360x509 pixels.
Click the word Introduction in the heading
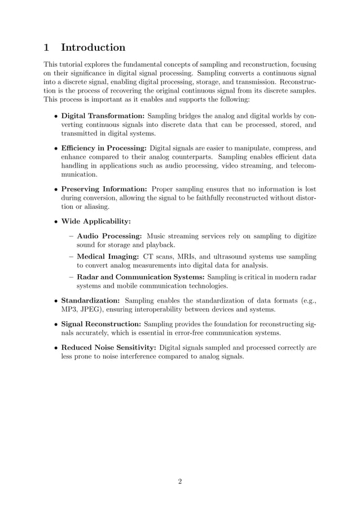point(93,47)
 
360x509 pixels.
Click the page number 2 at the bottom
point(180,481)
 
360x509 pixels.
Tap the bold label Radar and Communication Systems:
point(141,277)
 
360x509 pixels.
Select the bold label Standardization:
point(90,300)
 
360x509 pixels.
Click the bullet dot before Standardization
point(55,301)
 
